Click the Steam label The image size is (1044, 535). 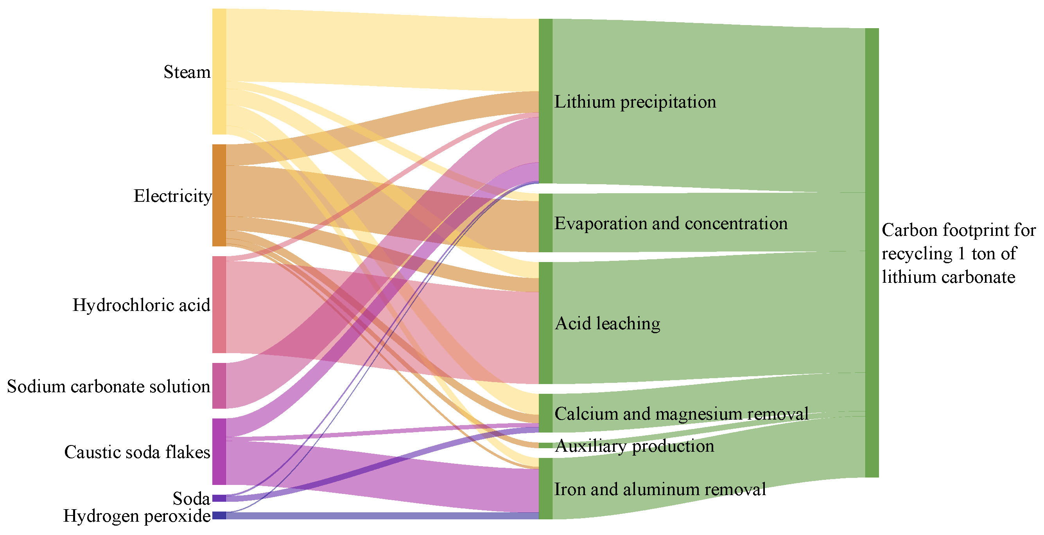coord(187,72)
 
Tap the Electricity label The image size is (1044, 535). coord(173,196)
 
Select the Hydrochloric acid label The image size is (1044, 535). coord(142,305)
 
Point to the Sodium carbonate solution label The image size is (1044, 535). coord(109,387)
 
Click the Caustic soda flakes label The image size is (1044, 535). coord(137,452)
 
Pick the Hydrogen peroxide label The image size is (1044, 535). coord(136,516)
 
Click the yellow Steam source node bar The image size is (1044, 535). coord(219,71)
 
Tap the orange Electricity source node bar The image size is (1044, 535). coord(219,196)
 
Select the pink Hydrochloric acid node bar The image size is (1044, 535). coord(219,305)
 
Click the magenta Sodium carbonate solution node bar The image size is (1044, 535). coord(219,386)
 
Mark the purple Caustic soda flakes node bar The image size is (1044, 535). coord(219,452)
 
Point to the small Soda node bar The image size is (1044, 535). coord(219,498)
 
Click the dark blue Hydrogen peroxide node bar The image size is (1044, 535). coord(219,515)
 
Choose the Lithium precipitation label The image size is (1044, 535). coord(635,102)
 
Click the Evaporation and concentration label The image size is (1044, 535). coord(671,224)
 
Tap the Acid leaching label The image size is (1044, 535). coord(608,324)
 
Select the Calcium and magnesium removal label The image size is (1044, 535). coord(681,414)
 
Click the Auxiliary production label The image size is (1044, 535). coord(634,446)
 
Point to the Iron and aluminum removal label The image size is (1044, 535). coord(660,490)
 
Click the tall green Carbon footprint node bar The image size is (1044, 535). coord(872,253)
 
